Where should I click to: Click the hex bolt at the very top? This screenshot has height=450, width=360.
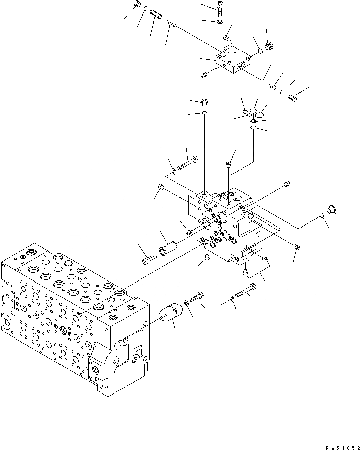tap(220, 7)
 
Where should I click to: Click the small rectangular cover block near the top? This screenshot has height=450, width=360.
tap(233, 60)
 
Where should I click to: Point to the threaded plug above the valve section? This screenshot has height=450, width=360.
tap(205, 102)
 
